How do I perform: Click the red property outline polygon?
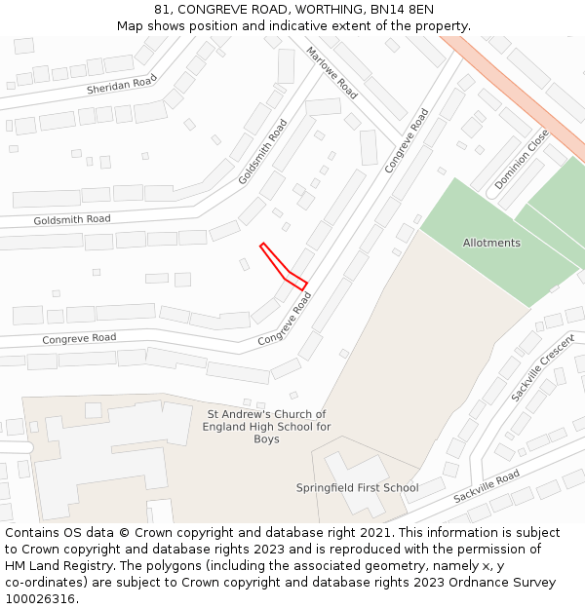284,268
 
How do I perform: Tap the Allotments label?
491,243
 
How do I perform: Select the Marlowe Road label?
332,72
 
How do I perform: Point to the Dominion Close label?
522,160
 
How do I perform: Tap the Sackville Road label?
487,487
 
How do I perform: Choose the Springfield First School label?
357,488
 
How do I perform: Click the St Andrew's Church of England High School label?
266,427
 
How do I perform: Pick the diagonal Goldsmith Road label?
263,152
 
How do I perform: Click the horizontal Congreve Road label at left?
79,338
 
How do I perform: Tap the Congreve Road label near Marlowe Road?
407,141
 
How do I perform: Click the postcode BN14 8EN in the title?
406,9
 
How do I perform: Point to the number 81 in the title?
161,9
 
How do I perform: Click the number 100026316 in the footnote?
40,598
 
